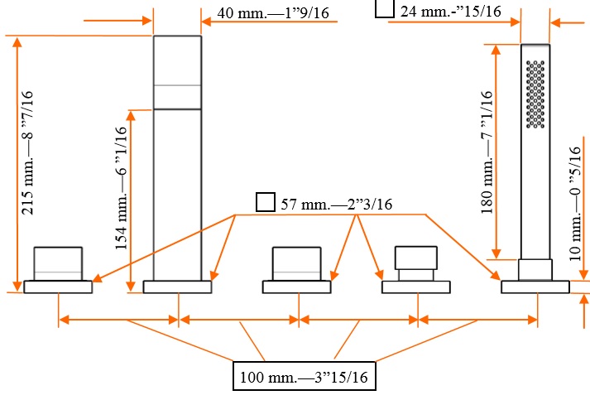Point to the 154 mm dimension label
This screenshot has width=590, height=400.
121,187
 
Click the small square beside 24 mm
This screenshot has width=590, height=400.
384,9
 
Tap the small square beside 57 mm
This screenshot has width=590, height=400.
265,203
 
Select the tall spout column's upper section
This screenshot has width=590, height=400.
177,72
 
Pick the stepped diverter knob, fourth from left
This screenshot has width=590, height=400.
415,263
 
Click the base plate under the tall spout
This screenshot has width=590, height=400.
177,287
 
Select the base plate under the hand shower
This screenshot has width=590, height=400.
535,287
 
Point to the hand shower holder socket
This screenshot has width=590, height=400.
535,270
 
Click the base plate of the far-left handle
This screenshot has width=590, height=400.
57,287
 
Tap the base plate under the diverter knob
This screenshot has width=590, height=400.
415,287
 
